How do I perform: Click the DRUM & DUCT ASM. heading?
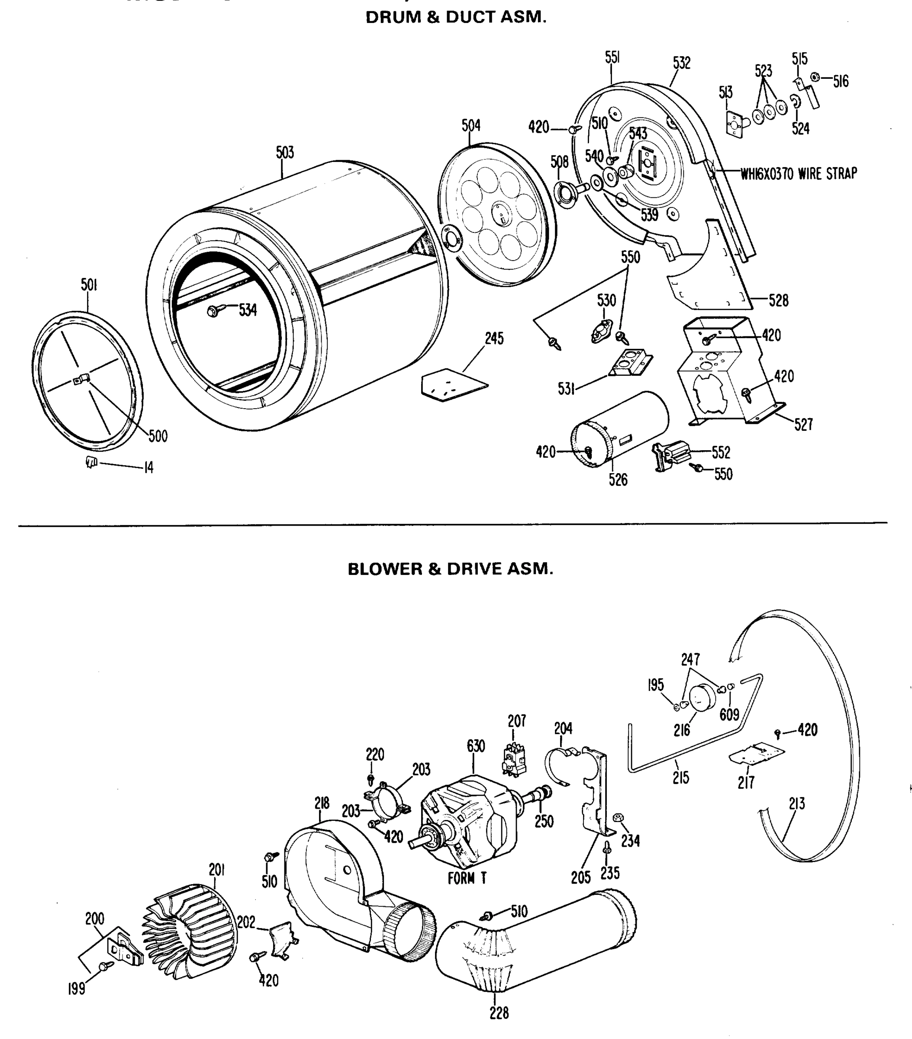point(456,17)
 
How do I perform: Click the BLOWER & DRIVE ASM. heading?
point(451,569)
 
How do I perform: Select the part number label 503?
point(285,152)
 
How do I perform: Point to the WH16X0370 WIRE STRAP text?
point(798,174)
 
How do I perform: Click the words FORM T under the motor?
point(467,878)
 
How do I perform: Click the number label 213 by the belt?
point(796,803)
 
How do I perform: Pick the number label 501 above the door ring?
point(89,285)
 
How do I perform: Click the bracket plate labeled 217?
point(757,754)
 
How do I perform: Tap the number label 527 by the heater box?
point(803,424)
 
